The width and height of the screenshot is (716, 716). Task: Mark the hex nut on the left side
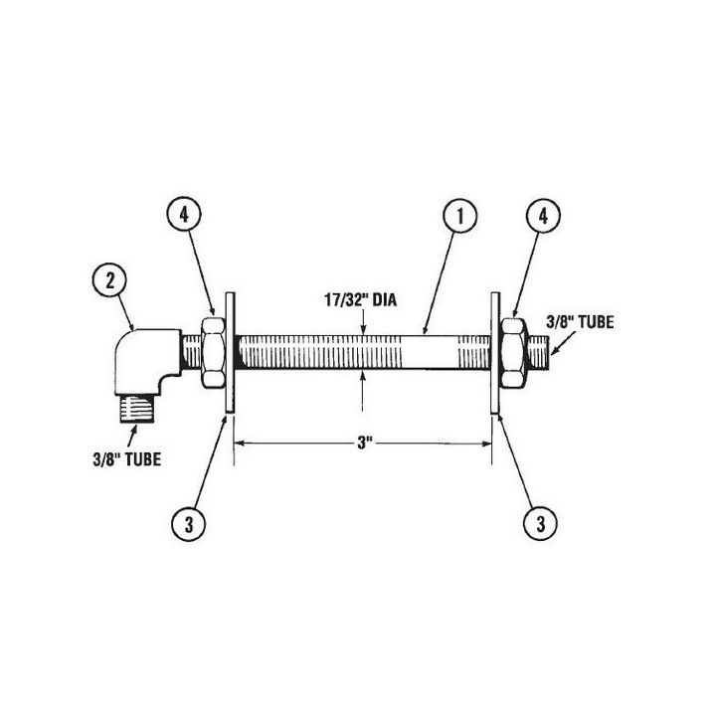(211, 353)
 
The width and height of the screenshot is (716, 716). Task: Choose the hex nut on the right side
(515, 353)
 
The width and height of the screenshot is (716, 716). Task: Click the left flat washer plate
(230, 353)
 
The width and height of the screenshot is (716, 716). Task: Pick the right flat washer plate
(495, 353)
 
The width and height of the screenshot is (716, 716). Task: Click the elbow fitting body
(149, 358)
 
